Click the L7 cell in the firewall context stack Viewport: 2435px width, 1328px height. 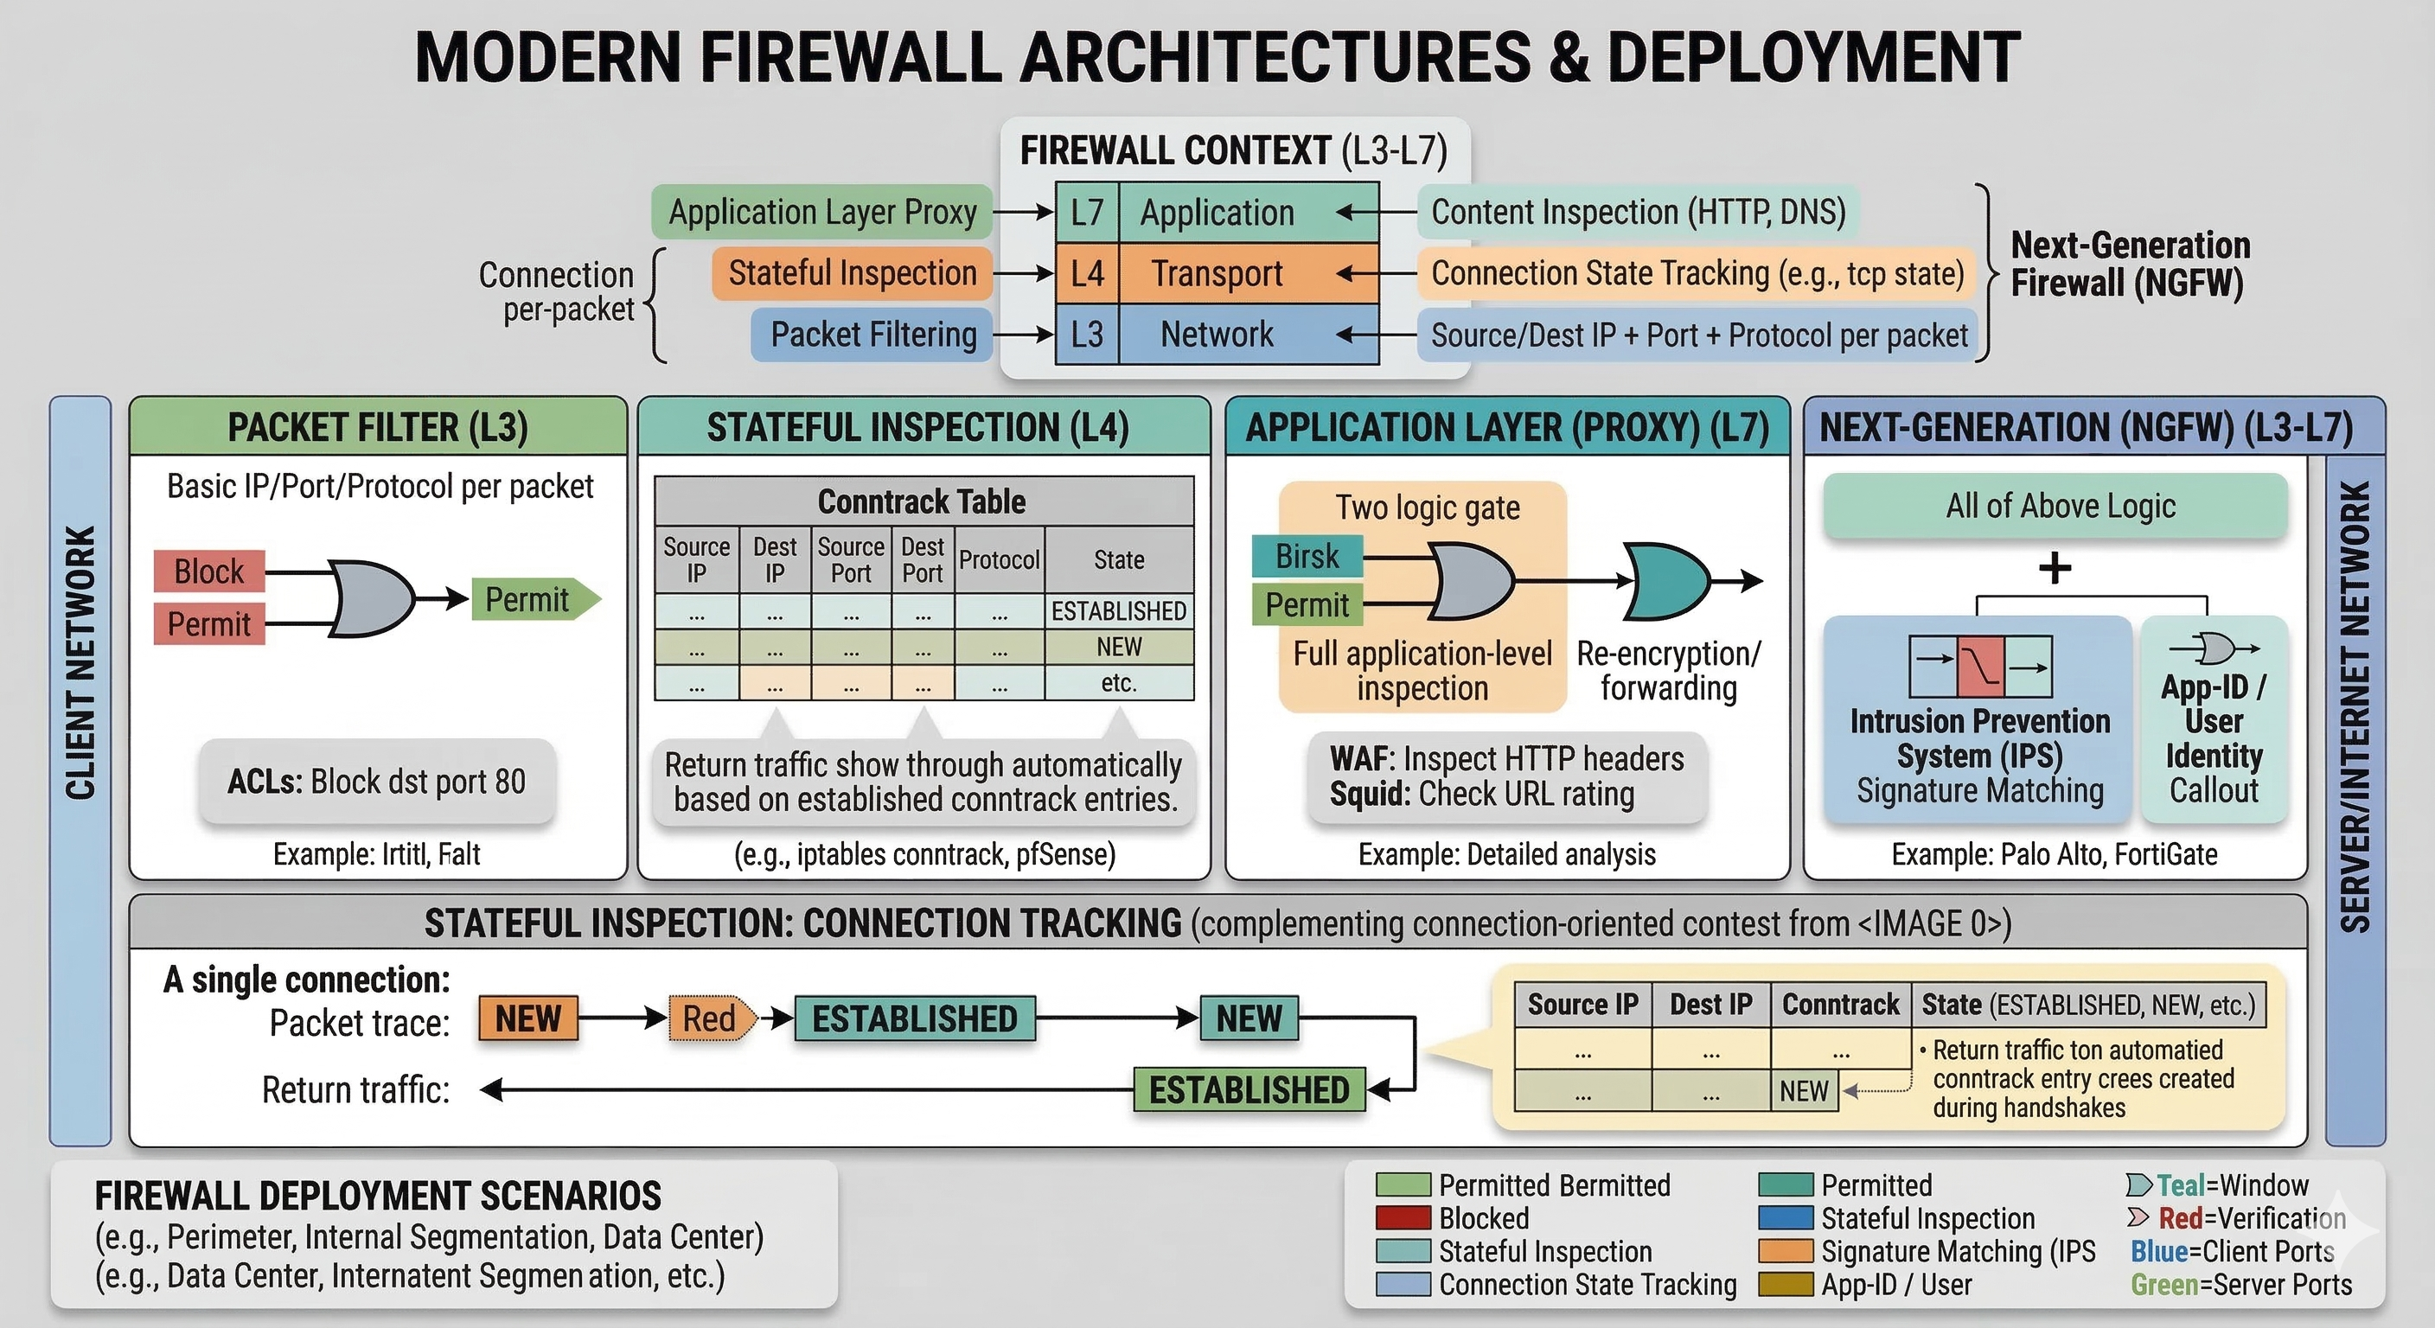click(1087, 213)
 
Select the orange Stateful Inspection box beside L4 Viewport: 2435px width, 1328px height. click(852, 273)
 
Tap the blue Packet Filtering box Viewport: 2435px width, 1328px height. click(872, 335)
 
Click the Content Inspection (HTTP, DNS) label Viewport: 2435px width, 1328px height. click(1637, 212)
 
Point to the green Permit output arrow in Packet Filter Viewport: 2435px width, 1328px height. click(534, 599)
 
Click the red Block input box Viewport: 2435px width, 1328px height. click(209, 571)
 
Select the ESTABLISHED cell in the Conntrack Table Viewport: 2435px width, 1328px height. click(1118, 611)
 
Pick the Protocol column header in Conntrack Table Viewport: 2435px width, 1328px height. click(998, 559)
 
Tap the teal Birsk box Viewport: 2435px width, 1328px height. click(1307, 556)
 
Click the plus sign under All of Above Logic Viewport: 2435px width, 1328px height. click(2054, 568)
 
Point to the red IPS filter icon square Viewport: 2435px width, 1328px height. click(1980, 667)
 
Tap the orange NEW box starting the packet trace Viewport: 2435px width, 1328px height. click(527, 1019)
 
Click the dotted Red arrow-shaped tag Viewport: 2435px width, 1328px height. click(712, 1019)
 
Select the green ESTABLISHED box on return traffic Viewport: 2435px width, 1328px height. click(1249, 1091)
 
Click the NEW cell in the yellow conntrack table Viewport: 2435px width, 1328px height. click(1804, 1091)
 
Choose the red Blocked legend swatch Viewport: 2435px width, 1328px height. click(1403, 1218)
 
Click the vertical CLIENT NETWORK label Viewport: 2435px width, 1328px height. click(80, 661)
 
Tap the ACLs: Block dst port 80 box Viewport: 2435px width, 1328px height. click(376, 782)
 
